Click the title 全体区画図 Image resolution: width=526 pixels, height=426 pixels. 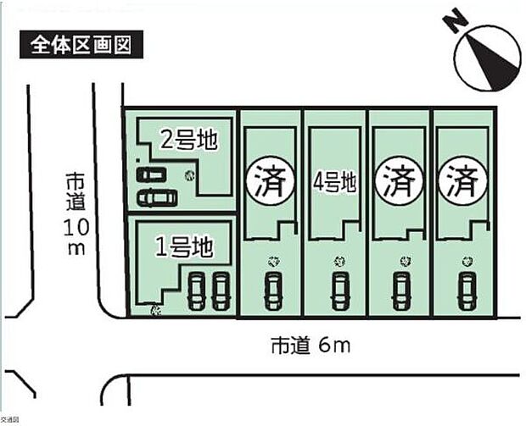[x=81, y=44]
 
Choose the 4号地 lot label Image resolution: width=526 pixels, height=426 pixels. [x=335, y=182]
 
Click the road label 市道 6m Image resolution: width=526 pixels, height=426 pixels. [x=311, y=345]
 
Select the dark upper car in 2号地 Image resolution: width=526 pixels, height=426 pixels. [x=154, y=174]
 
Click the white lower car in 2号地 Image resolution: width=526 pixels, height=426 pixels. [x=158, y=197]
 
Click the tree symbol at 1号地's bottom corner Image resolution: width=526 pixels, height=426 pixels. [x=154, y=311]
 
